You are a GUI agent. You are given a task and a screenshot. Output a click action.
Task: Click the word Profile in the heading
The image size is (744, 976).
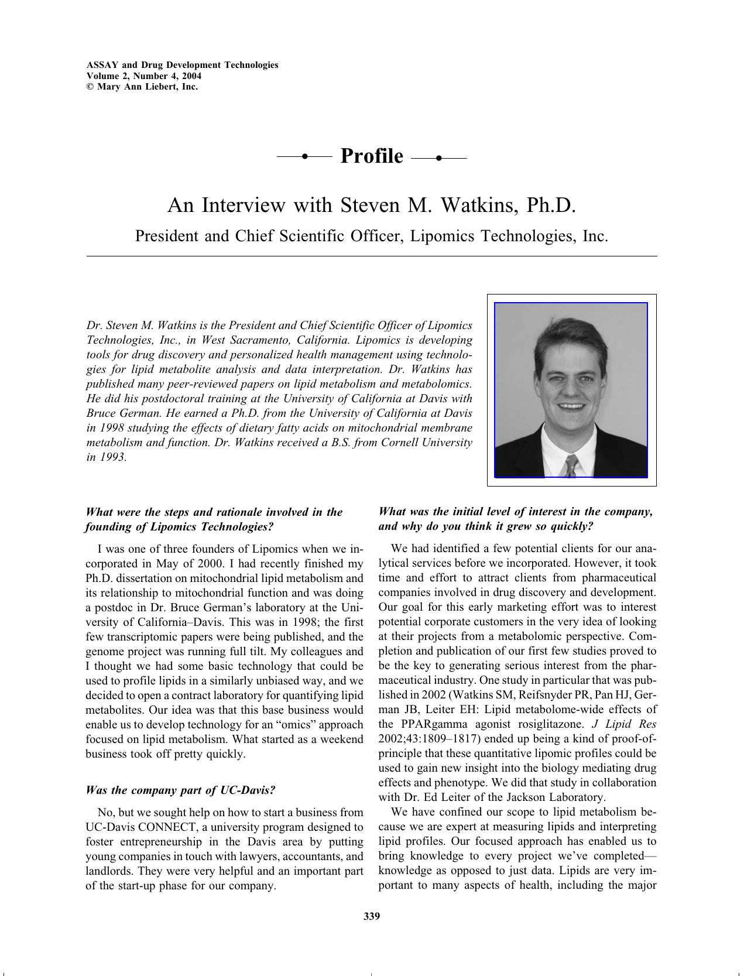371,156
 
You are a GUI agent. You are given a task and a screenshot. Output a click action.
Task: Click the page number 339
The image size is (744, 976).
372,916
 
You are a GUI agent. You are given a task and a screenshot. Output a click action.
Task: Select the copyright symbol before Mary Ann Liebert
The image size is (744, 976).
90,87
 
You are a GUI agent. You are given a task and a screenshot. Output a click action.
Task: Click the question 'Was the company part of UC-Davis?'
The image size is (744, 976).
180,790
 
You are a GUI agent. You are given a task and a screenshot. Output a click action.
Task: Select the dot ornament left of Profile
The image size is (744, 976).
304,156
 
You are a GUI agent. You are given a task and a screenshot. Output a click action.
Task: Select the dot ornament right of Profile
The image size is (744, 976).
438,157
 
